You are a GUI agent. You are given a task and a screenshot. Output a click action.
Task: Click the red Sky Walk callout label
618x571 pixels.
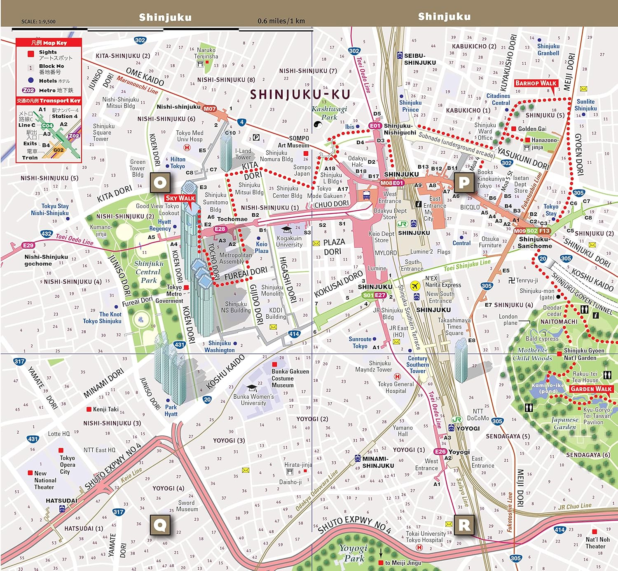180,198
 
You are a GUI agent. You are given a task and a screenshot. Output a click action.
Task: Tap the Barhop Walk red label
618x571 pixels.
536,83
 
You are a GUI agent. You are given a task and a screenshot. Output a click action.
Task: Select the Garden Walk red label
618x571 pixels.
591,389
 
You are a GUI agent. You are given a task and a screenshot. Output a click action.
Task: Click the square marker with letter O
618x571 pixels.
160,182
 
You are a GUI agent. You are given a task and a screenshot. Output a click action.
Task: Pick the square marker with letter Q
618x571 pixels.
160,525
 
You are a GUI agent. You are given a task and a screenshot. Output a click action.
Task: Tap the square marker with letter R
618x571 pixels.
464,525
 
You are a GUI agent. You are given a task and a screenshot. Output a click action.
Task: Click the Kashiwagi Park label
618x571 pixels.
329,113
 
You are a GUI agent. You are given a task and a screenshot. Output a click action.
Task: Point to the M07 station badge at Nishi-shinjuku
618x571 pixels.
209,109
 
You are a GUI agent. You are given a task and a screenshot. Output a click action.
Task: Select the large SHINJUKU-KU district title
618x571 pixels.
300,94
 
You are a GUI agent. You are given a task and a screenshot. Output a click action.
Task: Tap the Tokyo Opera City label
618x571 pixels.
67,465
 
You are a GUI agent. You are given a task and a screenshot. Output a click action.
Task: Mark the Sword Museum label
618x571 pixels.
187,506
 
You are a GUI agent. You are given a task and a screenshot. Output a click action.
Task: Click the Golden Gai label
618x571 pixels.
532,129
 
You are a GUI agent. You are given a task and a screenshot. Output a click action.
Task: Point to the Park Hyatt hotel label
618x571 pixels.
171,411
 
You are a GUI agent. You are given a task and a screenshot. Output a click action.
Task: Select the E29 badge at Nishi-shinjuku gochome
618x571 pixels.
28,245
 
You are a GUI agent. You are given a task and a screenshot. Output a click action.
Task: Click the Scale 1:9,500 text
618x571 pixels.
38,21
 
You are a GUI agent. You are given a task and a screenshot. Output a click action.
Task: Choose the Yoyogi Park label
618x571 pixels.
353,553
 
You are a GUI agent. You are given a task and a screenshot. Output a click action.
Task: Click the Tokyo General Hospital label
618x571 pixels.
396,388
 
